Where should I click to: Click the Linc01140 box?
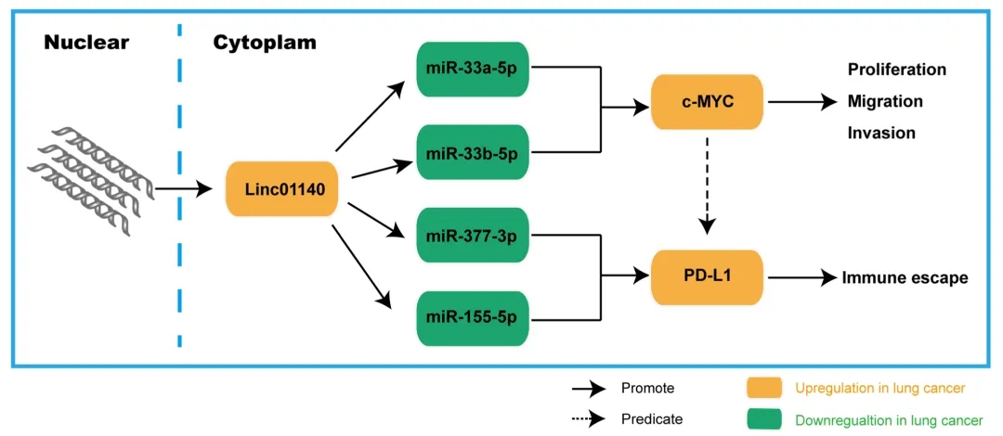pos(281,189)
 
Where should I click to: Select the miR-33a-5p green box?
pos(473,70)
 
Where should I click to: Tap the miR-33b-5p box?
pos(473,150)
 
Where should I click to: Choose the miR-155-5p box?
pos(473,318)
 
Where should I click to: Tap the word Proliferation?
pos(896,70)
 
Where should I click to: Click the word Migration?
pos(884,101)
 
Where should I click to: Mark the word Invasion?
pos(880,133)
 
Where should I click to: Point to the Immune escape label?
pos(905,277)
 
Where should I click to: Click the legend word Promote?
pos(647,387)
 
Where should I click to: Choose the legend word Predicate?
pos(651,418)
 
